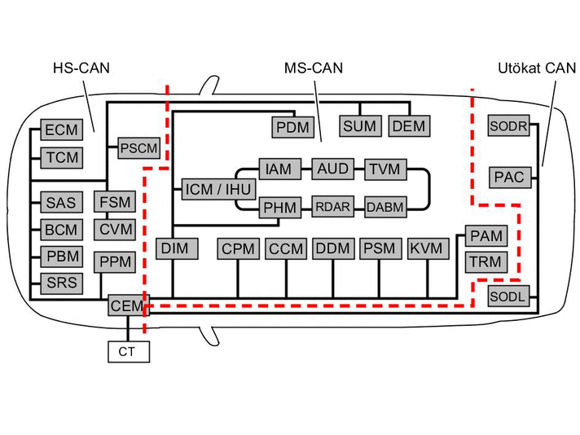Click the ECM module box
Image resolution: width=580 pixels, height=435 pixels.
[x=61, y=130]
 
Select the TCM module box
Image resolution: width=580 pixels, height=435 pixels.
[x=61, y=157]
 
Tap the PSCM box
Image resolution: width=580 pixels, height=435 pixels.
[x=138, y=148]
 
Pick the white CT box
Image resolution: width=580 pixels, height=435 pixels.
[x=129, y=352]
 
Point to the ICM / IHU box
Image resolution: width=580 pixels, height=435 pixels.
[x=218, y=189]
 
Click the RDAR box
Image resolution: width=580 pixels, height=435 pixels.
[x=333, y=207]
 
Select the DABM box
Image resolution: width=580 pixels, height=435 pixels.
[x=385, y=207]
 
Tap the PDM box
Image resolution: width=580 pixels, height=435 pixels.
[x=293, y=127]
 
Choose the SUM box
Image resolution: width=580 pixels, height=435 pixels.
[x=360, y=126]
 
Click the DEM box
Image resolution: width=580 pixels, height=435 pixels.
[x=409, y=126]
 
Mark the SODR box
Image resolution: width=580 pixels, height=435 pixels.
[x=509, y=125]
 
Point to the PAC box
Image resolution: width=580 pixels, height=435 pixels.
[x=510, y=178]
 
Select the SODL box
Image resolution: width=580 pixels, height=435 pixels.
[x=508, y=297]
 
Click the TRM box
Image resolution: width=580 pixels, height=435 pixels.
[x=486, y=262]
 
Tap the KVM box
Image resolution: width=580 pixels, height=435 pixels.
[x=428, y=248]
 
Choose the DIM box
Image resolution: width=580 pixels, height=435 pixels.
[x=177, y=248]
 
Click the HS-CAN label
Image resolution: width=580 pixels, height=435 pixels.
[x=81, y=68]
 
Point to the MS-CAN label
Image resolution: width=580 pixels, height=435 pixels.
[x=314, y=68]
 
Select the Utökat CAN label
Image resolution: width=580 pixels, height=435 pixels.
[x=537, y=68]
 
